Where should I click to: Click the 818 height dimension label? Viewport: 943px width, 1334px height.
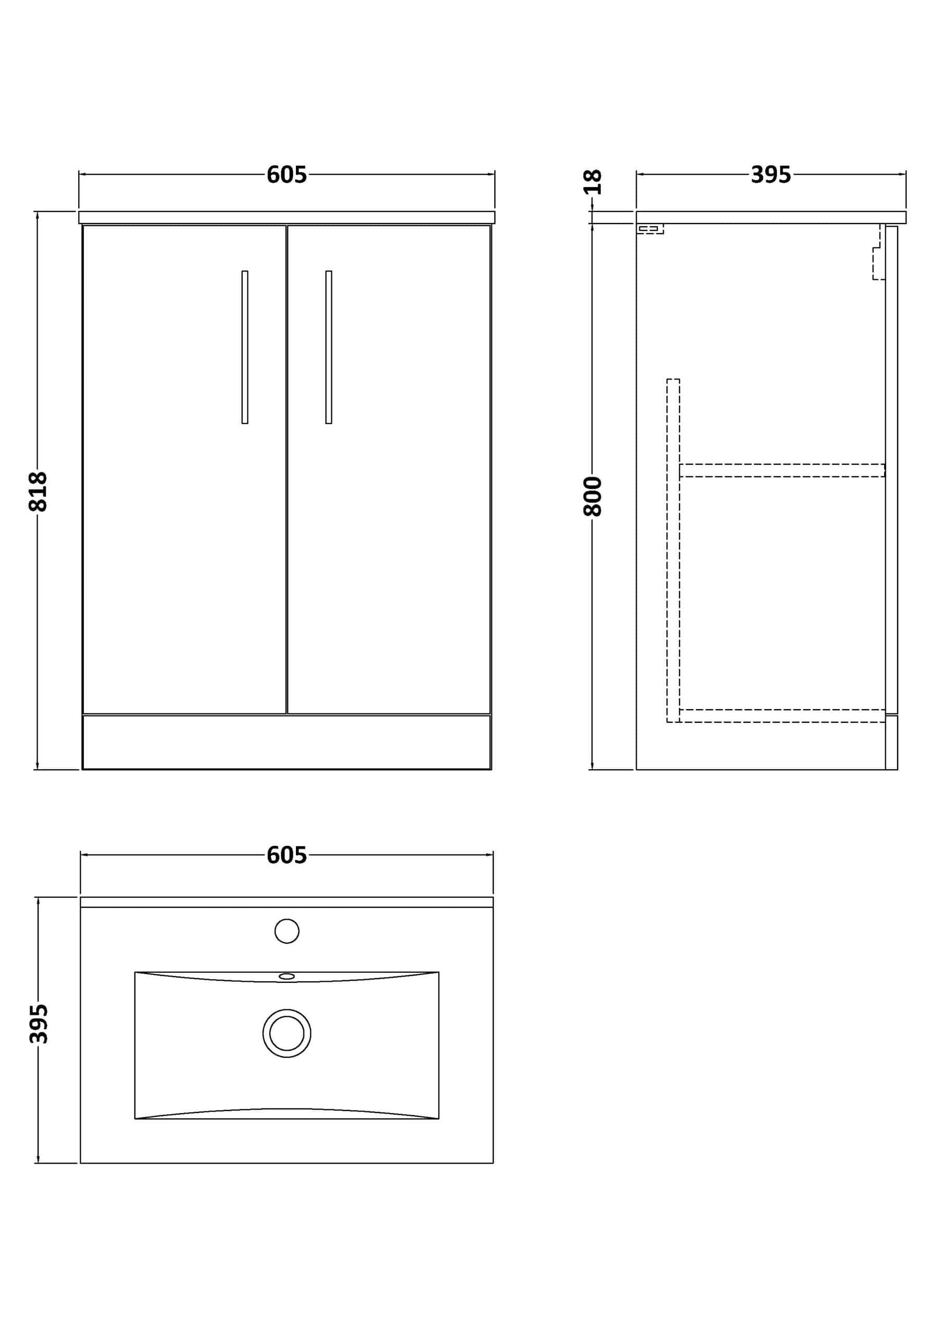39,491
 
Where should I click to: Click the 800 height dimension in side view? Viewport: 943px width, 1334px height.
593,496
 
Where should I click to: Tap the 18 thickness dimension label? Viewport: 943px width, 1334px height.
593,182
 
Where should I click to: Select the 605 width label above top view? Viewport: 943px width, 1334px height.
287,855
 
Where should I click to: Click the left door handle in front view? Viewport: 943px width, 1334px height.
245,347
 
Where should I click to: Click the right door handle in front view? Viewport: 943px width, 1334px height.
329,347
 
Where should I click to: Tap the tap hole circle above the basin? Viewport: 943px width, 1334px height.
287,931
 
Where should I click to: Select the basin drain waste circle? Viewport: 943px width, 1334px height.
287,1034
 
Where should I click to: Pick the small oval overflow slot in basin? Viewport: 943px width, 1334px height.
287,976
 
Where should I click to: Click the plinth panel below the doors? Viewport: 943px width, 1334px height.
287,742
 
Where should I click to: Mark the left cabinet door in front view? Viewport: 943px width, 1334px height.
185,470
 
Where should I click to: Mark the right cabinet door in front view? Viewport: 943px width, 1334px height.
389,470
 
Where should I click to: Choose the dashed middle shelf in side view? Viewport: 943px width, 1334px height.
782,471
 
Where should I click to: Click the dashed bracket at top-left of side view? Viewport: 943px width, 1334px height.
650,229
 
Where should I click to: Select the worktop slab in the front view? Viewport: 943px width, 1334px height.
287,217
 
